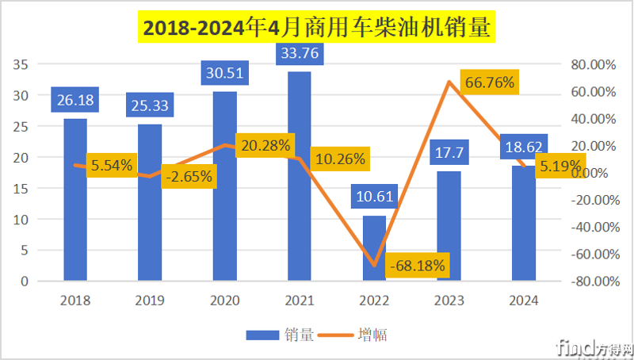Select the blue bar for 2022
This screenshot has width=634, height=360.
pyautogui.click(x=374, y=248)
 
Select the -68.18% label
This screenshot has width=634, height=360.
pyautogui.click(x=418, y=264)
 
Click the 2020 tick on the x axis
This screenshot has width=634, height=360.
pyautogui.click(x=224, y=301)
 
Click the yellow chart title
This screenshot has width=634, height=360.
pyautogui.click(x=316, y=29)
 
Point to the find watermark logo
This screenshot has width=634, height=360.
pyautogui.click(x=594, y=347)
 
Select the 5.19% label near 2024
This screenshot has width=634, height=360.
pyautogui.click(x=558, y=167)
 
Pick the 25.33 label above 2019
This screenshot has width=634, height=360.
pyautogui.click(x=150, y=105)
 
